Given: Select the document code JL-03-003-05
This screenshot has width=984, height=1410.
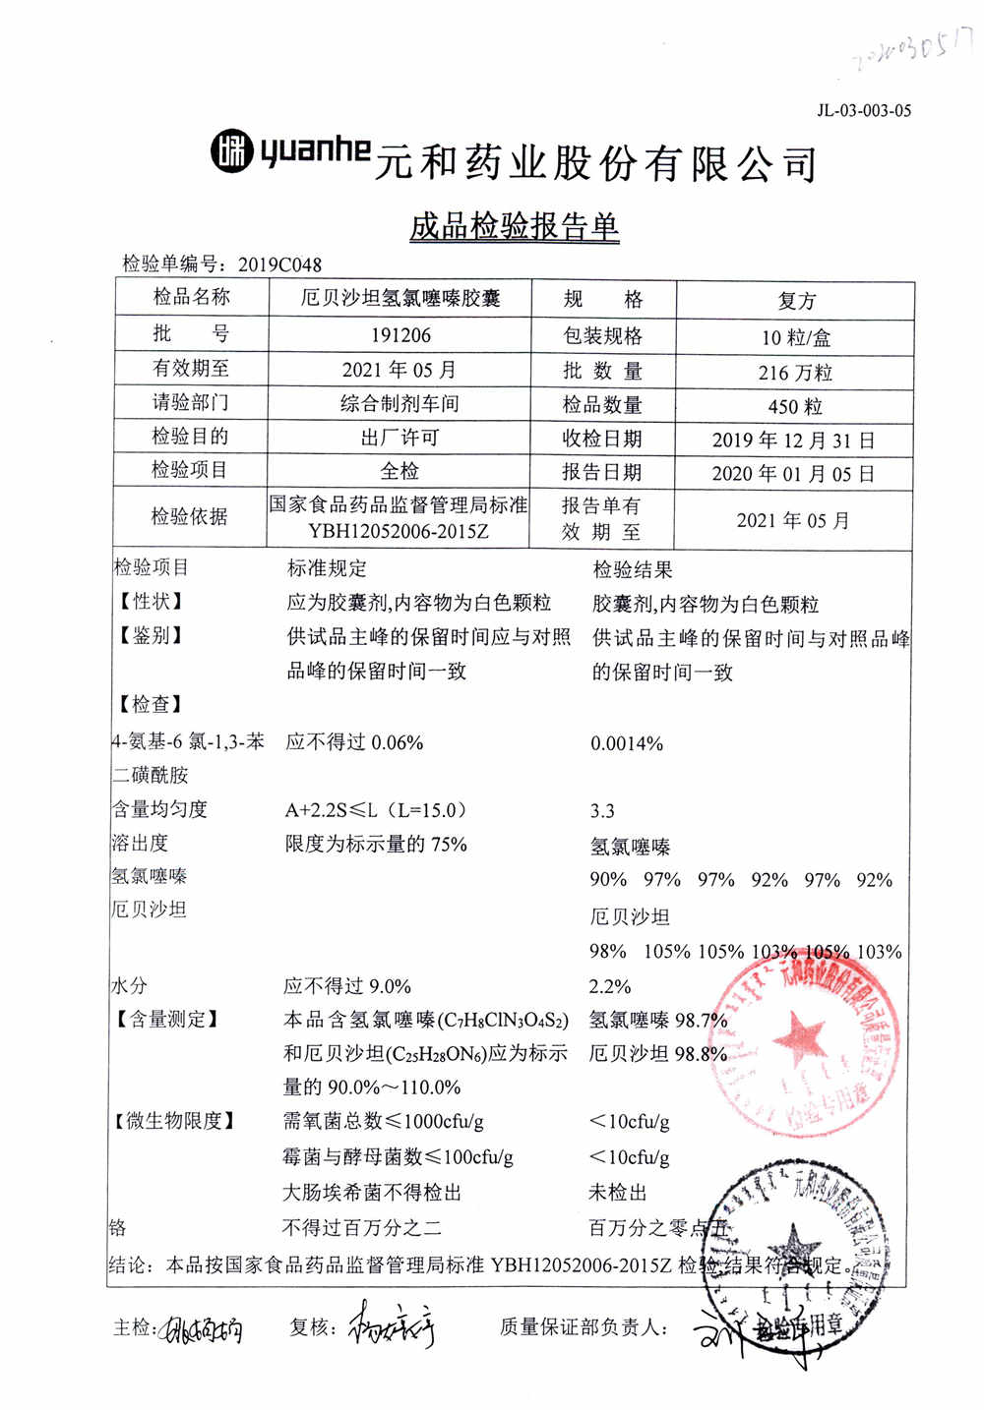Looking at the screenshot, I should (x=864, y=111).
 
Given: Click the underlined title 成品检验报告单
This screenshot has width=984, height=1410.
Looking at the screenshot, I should (x=515, y=226).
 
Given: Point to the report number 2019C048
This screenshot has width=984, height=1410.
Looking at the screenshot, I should (x=279, y=264).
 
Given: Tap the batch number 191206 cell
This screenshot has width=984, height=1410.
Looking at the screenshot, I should (x=400, y=335).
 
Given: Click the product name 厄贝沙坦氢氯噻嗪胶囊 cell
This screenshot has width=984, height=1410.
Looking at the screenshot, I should (x=400, y=299).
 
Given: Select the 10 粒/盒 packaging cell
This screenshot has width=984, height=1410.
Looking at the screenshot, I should (x=795, y=338).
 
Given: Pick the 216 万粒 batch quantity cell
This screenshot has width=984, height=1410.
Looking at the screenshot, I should (x=795, y=373).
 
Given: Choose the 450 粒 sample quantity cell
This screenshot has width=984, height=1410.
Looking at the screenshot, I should (x=795, y=406).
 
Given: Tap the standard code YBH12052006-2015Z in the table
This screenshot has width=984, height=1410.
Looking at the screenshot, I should (x=399, y=532).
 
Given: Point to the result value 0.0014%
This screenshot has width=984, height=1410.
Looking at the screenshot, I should (x=627, y=744).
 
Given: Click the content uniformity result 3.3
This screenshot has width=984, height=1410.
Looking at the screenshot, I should (x=602, y=811).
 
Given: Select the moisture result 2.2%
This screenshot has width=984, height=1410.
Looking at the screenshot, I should (x=610, y=986).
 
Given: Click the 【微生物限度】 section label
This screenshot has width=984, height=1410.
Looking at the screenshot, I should (x=174, y=1121).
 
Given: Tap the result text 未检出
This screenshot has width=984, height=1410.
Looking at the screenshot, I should (x=617, y=1193).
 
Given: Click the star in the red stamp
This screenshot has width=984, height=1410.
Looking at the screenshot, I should (x=799, y=1039).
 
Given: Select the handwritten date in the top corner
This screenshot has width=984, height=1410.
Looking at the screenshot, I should (x=910, y=49).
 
